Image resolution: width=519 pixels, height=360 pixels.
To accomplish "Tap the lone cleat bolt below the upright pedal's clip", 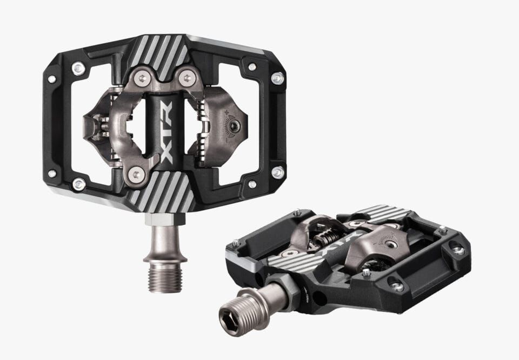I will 139,174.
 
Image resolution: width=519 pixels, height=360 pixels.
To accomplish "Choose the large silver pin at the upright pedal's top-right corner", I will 277,78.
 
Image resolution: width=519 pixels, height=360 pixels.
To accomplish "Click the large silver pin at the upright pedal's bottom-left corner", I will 78,184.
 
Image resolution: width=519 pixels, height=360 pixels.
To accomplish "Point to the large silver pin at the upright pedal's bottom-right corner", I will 277,173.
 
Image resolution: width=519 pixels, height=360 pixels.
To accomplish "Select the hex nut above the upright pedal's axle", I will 162,218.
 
